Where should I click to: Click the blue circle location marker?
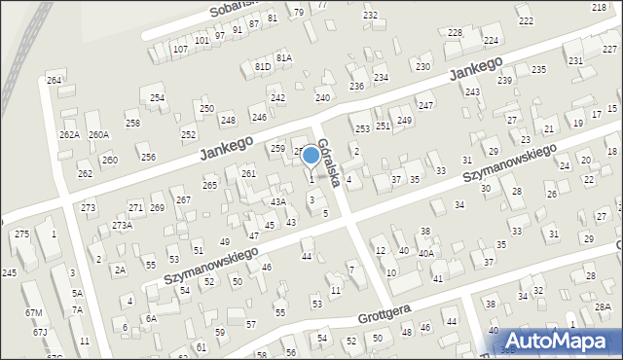[311, 154]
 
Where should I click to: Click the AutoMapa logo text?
[562, 340]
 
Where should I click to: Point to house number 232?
[370, 15]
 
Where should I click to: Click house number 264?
[54, 80]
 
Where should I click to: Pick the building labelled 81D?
[262, 66]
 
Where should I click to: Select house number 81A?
[283, 58]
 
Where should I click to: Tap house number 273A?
[122, 225]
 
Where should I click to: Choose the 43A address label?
[277, 201]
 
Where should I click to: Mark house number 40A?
[425, 253]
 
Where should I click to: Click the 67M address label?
[34, 312]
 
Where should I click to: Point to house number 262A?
[68, 135]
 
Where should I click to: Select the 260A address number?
[98, 135]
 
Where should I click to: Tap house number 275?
[21, 234]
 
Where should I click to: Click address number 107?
[180, 49]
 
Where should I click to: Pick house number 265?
[209, 185]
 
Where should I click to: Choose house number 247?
[425, 105]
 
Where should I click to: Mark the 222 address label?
[526, 20]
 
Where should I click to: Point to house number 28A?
[604, 306]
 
